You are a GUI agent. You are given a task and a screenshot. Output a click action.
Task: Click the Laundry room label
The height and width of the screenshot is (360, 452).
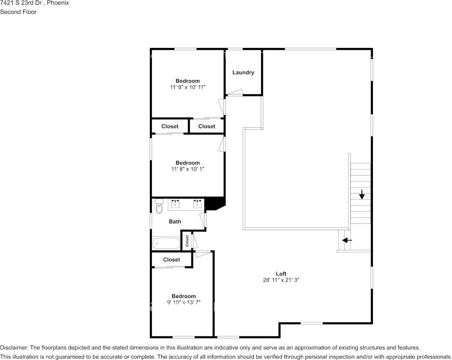pyautogui.click(x=243, y=72)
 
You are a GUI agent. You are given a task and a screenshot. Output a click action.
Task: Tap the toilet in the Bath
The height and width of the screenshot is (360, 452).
pyautogui.click(x=159, y=206)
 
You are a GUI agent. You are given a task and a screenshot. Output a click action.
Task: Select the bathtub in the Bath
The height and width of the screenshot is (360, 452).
pyautogui.click(x=166, y=243)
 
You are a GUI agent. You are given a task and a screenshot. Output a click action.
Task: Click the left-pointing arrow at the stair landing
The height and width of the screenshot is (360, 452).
pyautogui.click(x=347, y=240)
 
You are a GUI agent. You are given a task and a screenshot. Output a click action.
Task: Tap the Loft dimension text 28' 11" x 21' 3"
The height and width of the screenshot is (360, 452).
pyautogui.click(x=281, y=280)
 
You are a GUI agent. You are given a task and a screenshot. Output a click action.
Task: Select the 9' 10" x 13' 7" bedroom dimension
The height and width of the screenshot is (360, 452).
pyautogui.click(x=184, y=303)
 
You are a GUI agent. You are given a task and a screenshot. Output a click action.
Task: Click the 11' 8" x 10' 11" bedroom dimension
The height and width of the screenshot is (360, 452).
pyautogui.click(x=188, y=87)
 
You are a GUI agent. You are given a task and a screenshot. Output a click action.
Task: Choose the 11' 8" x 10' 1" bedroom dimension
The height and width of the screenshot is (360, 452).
pyautogui.click(x=188, y=169)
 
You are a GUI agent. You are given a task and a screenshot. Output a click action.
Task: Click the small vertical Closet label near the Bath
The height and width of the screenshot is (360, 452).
pyautogui.click(x=187, y=241)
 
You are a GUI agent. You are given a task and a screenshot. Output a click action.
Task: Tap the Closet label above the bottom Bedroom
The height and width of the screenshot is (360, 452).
pyautogui.click(x=172, y=260)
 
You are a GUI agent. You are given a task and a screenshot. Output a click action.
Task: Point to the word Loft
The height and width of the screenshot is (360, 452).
pyautogui.click(x=281, y=274)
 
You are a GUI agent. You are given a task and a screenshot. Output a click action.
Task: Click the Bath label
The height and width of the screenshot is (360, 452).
pyautogui.click(x=175, y=221)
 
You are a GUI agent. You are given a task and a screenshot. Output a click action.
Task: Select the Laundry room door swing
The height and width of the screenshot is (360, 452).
pyautogui.click(x=235, y=92)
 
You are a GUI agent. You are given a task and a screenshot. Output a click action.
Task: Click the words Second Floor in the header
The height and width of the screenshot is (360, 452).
pyautogui.click(x=18, y=12)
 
